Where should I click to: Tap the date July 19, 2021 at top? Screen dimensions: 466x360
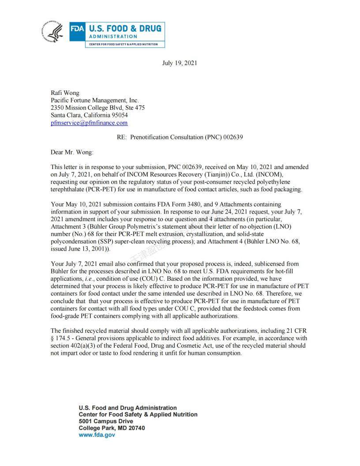(180, 63)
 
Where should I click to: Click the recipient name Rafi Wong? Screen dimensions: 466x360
(65, 93)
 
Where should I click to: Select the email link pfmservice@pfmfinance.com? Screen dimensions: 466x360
(89, 123)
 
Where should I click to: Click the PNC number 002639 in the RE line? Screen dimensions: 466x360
(233, 137)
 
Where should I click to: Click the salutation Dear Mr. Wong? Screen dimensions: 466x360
(72, 152)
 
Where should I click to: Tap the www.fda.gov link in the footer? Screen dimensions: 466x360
(97, 435)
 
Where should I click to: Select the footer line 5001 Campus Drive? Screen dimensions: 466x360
(105, 421)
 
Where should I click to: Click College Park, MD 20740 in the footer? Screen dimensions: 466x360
(112, 428)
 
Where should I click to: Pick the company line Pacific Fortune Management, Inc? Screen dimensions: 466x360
(95, 101)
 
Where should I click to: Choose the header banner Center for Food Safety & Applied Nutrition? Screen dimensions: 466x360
(125, 45)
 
